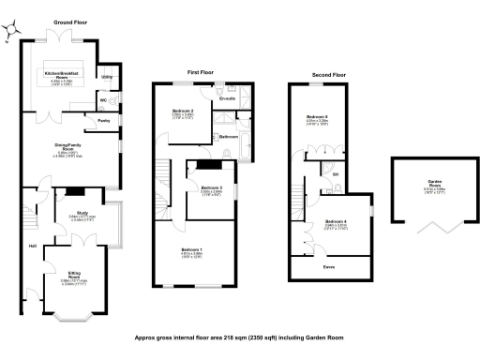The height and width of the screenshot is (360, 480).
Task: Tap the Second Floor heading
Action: [328, 73]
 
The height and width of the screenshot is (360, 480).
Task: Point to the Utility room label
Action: [106, 76]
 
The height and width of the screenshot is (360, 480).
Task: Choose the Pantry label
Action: [104, 120]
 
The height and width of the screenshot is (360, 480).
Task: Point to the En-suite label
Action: [227, 97]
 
